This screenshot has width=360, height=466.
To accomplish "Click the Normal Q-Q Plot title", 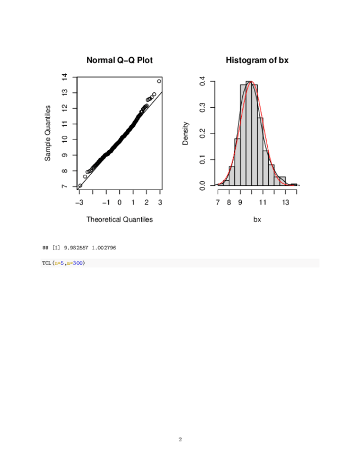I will point(119,60).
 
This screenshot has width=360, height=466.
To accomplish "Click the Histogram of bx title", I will point(257,60).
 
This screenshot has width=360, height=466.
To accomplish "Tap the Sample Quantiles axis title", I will point(48,133).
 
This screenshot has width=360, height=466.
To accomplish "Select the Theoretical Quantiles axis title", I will point(119,219).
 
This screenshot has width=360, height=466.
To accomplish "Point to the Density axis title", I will point(186,133).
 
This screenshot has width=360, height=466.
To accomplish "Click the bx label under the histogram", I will point(257,219).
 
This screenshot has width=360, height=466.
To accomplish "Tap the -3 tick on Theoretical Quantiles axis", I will point(79,202).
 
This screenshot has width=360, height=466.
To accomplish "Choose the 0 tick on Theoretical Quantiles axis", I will point(120,202).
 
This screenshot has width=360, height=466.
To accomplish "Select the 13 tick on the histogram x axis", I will point(286,202).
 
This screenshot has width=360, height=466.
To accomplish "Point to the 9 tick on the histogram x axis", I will point(241,202).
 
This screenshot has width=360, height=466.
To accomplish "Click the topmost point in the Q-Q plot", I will point(159,81).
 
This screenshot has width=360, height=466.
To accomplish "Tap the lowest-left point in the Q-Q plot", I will point(80,185).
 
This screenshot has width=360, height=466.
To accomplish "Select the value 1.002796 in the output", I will point(103,248).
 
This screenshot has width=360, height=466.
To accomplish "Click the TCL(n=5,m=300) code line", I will point(63,263).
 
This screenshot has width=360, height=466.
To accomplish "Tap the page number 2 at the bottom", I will point(180,440).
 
